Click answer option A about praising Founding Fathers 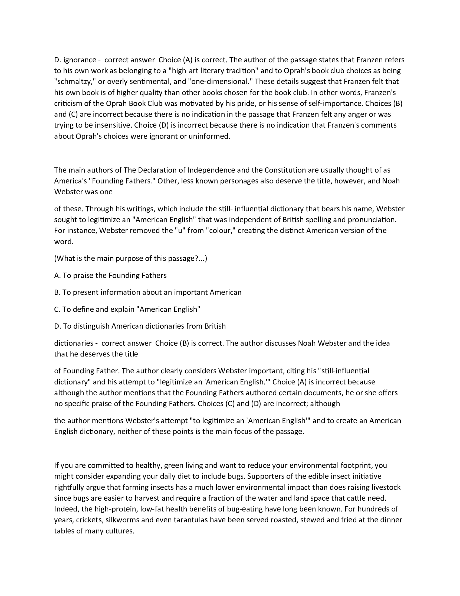point(110,275)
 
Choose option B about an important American point(147,292)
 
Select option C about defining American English point(127,309)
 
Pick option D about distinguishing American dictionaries point(140,326)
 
